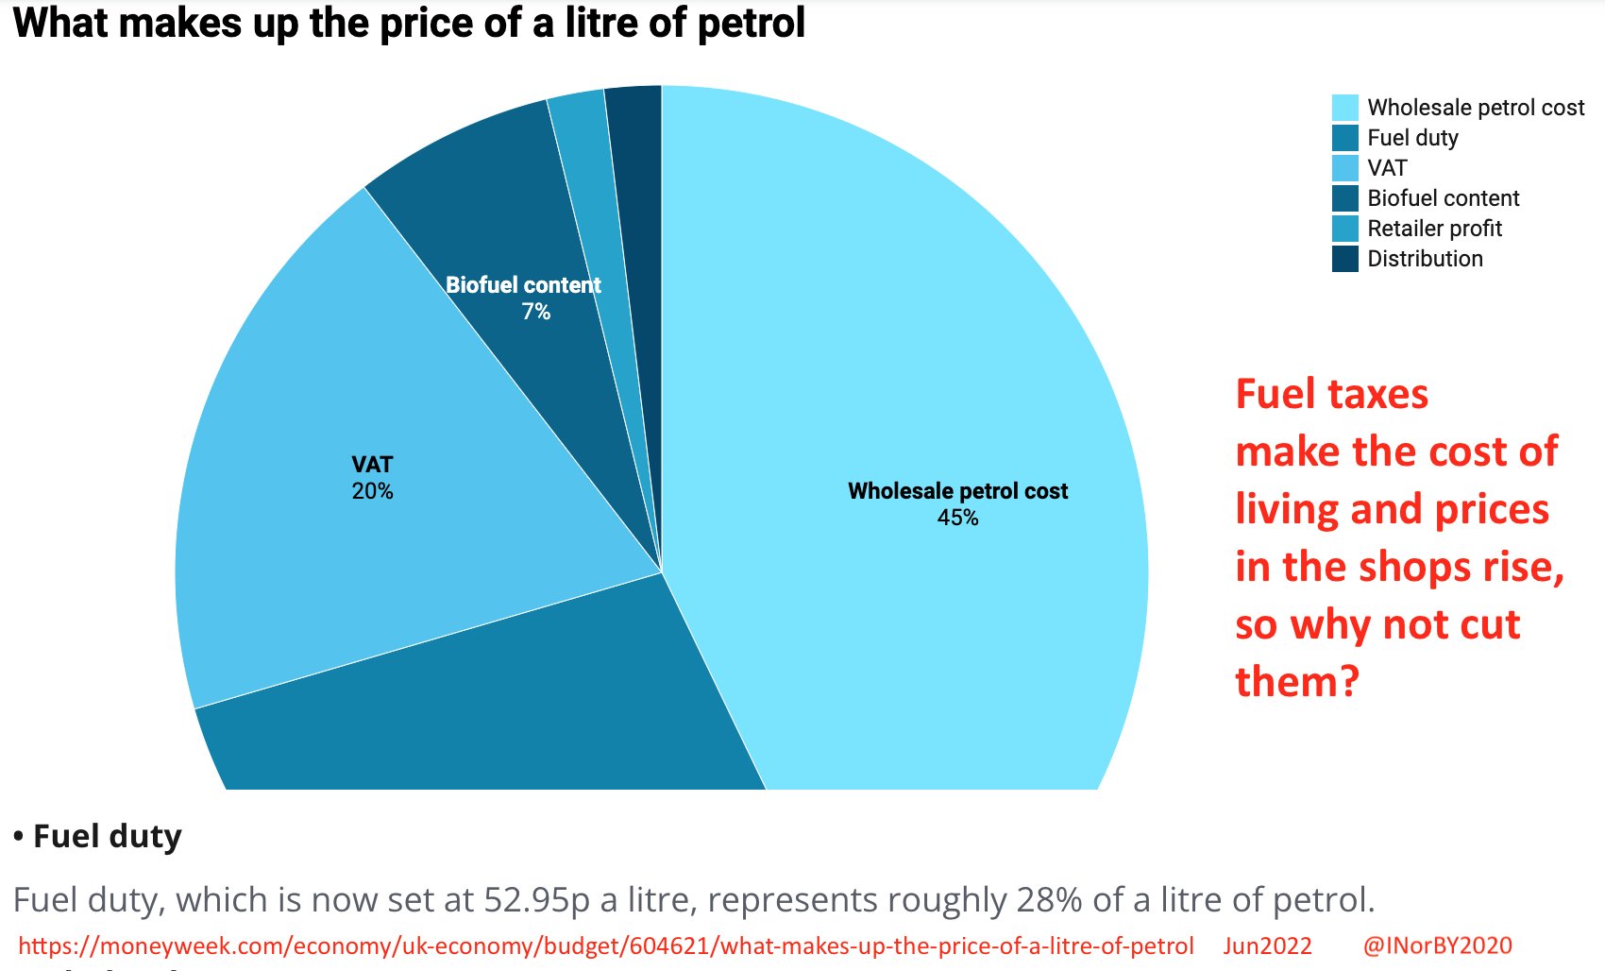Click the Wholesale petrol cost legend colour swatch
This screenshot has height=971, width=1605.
[x=1344, y=107]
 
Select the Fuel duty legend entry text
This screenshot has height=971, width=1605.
[x=1412, y=138]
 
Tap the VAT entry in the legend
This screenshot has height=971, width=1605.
[x=1387, y=168]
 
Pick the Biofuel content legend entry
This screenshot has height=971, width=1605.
[x=1443, y=198]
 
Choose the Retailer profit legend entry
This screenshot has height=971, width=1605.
[x=1434, y=229]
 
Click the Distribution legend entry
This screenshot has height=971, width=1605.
[x=1425, y=259]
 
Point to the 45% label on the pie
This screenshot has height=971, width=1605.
[x=957, y=518]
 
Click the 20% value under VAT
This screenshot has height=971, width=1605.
[x=372, y=491]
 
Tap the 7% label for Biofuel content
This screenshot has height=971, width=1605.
[x=535, y=312]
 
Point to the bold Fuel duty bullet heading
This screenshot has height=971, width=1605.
[x=107, y=836]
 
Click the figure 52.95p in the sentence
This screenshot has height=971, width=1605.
[x=536, y=900]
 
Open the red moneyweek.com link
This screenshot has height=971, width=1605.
[x=605, y=945]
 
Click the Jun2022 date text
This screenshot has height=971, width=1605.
[x=1267, y=945]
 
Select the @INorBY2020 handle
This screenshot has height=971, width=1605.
[x=1437, y=945]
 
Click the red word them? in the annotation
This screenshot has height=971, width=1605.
[x=1296, y=682]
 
